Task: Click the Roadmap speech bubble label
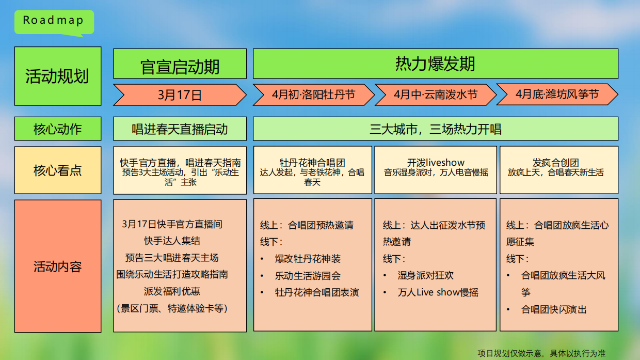pos(54,21)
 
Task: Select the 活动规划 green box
pos(57,76)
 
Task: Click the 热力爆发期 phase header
pos(435,64)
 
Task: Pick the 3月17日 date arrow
pos(180,95)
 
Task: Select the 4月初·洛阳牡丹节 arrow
pos(313,95)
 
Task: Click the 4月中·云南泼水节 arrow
pos(435,95)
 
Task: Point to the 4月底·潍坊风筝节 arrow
pos(557,95)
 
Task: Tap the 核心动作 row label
pos(57,129)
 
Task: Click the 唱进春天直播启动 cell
pos(180,129)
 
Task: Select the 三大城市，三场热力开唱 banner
pos(435,129)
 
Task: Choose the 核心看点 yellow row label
pos(57,170)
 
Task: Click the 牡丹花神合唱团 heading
pos(312,163)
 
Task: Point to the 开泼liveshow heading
pos(435,163)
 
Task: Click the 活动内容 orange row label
pos(57,267)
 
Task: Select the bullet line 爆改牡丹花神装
pos(308,259)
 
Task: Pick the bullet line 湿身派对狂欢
pos(426,275)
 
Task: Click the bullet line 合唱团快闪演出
pos(554,309)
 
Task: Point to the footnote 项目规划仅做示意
pos(541,353)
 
